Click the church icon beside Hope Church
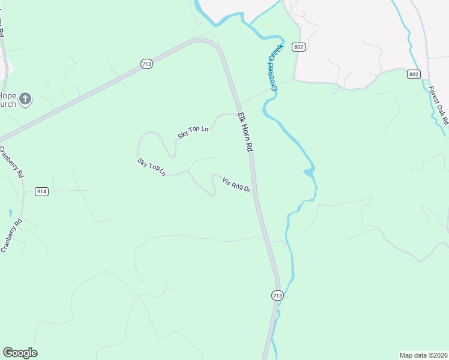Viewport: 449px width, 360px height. click(25, 99)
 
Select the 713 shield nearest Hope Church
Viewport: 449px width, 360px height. click(146, 64)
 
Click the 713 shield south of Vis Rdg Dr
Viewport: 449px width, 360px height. click(277, 296)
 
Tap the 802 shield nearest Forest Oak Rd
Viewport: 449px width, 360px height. click(413, 74)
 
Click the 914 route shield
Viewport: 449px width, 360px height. click(41, 191)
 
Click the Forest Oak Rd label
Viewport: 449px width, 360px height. click(439, 106)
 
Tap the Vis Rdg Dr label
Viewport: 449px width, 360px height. click(236, 185)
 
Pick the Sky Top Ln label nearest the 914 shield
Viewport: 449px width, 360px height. click(151, 167)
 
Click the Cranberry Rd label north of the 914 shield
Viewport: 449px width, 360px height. click(11, 162)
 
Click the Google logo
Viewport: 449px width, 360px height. click(20, 353)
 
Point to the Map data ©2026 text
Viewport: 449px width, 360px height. click(423, 355)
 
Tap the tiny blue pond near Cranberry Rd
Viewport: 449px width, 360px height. click(10, 213)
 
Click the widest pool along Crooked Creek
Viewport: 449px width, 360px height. click(309, 173)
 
